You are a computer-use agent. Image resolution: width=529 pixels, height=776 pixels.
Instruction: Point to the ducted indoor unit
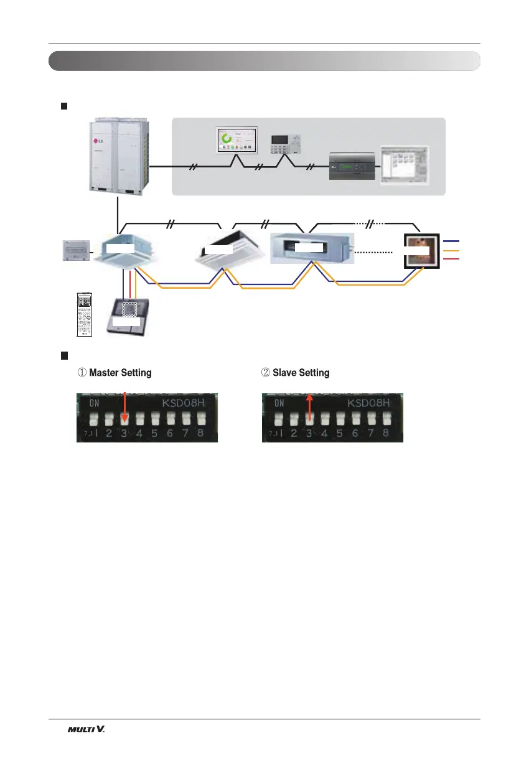pyautogui.click(x=311, y=248)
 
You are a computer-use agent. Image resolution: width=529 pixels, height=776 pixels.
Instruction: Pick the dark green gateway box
pyautogui.click(x=353, y=167)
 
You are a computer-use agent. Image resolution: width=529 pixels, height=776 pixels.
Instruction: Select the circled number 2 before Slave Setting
pyautogui.click(x=266, y=373)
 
